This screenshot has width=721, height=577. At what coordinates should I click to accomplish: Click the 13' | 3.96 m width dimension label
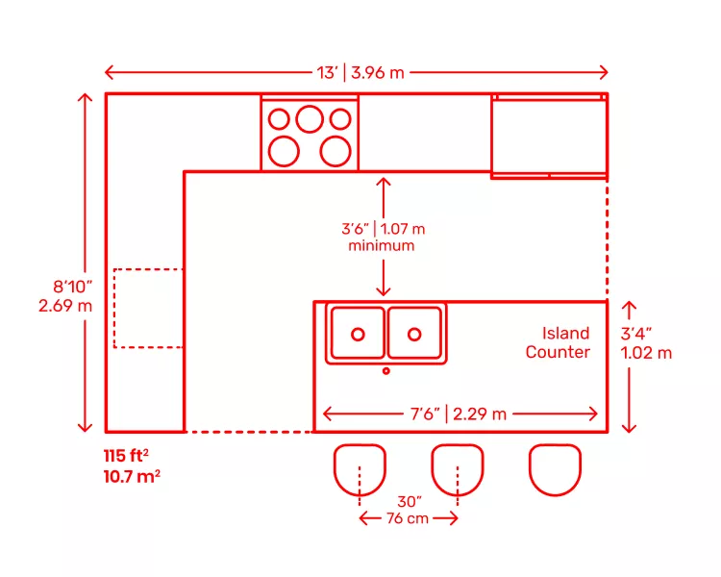[357, 72]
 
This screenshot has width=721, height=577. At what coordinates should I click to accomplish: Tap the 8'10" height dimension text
[73, 286]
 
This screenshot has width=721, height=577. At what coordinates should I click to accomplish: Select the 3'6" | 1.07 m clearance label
[383, 229]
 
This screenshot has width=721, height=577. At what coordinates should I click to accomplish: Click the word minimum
[382, 246]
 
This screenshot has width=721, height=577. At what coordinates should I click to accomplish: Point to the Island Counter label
[558, 343]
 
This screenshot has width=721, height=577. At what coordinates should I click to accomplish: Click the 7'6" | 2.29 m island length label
[459, 414]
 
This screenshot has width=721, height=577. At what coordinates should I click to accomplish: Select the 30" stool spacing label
[409, 501]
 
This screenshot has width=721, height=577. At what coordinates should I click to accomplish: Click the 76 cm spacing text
[408, 519]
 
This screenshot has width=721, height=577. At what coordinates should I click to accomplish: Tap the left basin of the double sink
[358, 333]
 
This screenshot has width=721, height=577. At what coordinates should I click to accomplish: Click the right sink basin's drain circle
[414, 334]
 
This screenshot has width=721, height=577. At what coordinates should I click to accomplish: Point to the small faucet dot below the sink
[386, 370]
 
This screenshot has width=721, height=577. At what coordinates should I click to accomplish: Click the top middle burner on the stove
[309, 118]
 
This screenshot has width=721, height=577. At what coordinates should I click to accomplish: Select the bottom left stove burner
[284, 150]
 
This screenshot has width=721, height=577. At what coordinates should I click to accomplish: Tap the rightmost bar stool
[555, 468]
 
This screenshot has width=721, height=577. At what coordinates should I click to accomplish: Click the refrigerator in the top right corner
[549, 136]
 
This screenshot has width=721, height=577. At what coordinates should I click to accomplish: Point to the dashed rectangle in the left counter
[148, 308]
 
